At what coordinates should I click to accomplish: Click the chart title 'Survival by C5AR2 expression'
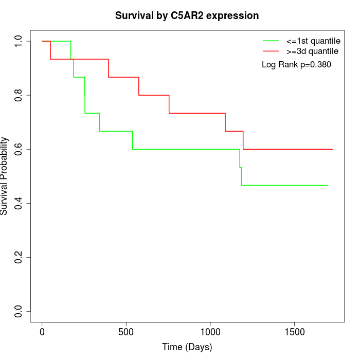pyautogui.click(x=186, y=15)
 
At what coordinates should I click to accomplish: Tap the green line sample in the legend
pyautogui.click(x=271, y=41)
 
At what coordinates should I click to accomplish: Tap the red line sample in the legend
pyautogui.click(x=271, y=51)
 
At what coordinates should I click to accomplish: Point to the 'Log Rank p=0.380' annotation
pyautogui.click(x=296, y=65)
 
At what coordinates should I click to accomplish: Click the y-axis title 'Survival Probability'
pyautogui.click(x=5, y=175)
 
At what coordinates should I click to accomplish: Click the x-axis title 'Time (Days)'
pyautogui.click(x=187, y=347)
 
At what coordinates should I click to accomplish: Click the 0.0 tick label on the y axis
pyautogui.click(x=19, y=311)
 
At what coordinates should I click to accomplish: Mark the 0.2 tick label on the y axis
pyautogui.click(x=19, y=257)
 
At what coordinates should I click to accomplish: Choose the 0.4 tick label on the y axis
pyautogui.click(x=19, y=203)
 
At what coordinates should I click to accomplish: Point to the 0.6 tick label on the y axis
pyautogui.click(x=19, y=149)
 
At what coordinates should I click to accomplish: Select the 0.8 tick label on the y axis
pyautogui.click(x=19, y=95)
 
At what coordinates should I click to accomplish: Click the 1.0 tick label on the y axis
pyautogui.click(x=19, y=41)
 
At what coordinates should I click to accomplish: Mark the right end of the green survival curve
pyautogui.click(x=328, y=185)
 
